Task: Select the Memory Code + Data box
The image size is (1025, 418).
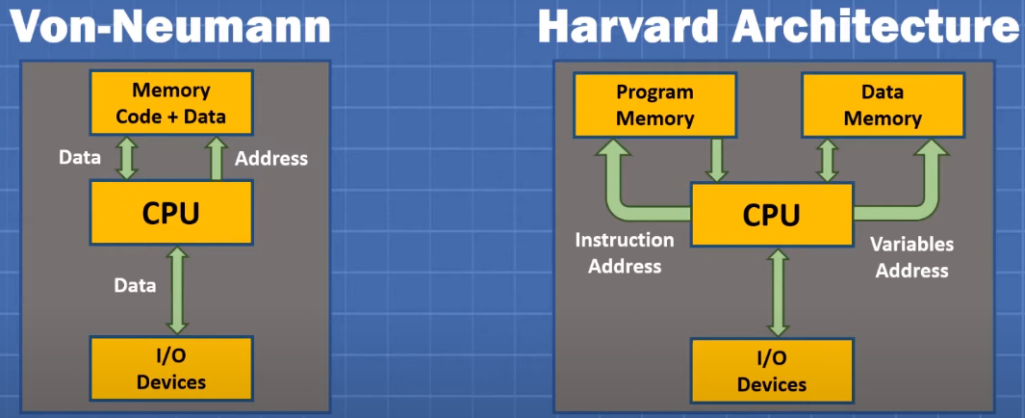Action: [x=170, y=103]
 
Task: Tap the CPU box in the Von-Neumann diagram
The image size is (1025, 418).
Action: [x=170, y=213]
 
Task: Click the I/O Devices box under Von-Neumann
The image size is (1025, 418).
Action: [x=170, y=368]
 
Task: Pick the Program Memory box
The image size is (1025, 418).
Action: [x=655, y=105]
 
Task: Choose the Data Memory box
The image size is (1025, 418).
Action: [x=883, y=105]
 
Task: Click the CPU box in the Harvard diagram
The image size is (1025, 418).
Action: [x=772, y=215]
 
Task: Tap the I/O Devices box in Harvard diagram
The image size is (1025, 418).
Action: [x=772, y=370]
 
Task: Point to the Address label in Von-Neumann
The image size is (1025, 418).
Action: [x=271, y=158]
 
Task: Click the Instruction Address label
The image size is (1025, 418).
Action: [x=625, y=253]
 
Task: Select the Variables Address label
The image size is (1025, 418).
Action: [x=911, y=257]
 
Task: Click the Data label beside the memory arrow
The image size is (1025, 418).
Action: [x=80, y=157]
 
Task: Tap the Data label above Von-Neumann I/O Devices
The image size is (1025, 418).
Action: [x=135, y=285]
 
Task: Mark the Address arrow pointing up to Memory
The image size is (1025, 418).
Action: [x=217, y=158]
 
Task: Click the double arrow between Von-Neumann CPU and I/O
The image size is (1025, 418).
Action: [x=177, y=291]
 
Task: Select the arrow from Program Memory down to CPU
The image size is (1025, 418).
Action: [x=717, y=160]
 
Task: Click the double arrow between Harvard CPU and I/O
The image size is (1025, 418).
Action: [x=779, y=293]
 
